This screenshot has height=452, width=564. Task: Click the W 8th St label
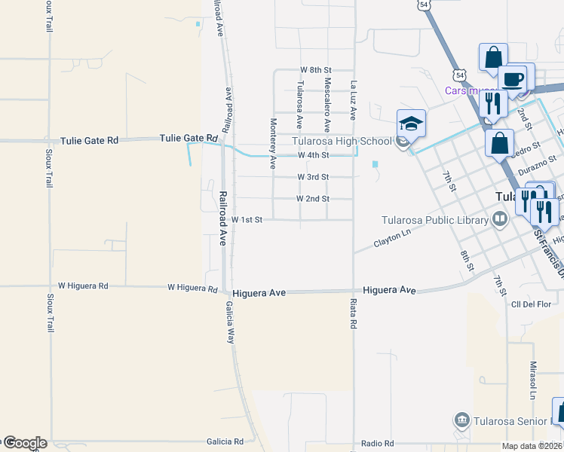point(316,69)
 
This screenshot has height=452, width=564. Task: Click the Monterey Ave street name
point(273,132)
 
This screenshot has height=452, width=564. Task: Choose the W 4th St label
point(314,155)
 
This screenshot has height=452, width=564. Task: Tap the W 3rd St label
point(313,177)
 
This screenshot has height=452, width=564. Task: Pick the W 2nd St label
point(313,199)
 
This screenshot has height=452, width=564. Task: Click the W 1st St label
point(247,220)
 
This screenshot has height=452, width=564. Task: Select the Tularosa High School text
point(342,141)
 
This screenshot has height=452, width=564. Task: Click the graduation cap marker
point(412,124)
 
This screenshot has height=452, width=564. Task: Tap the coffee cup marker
point(512,79)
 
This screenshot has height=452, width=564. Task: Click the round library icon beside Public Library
point(499,220)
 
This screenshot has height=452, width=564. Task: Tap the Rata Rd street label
point(353,314)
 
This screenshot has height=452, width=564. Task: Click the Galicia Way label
point(229,323)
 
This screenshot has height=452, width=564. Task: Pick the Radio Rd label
point(377,444)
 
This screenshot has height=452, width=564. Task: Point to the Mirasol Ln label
point(532,380)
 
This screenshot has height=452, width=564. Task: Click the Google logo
point(24,443)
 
